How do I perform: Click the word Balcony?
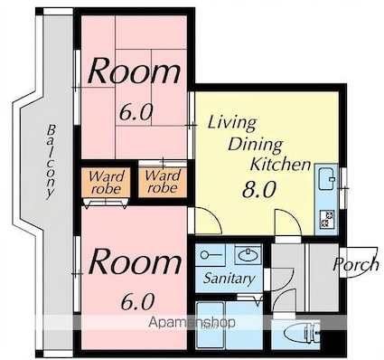[x=52, y=162]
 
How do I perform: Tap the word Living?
[x=232, y=124]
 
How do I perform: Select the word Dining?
[x=255, y=145]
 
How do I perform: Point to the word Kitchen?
[x=280, y=165]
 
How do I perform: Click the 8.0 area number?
[x=259, y=190]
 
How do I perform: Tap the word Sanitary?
[x=229, y=279]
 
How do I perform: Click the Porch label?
[x=356, y=264]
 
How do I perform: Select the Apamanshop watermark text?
[x=192, y=323]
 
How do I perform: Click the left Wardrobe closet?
[x=106, y=183]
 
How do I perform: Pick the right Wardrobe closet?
[x=163, y=182]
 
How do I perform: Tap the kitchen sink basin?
[x=327, y=179]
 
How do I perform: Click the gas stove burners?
[x=327, y=219]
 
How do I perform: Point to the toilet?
[x=306, y=333]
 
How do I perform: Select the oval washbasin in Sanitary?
[x=248, y=255]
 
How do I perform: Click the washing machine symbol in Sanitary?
[x=211, y=255]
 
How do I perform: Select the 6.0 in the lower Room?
[x=137, y=302]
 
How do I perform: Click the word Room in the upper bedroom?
[x=135, y=71]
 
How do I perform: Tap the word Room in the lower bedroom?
[x=136, y=261]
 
